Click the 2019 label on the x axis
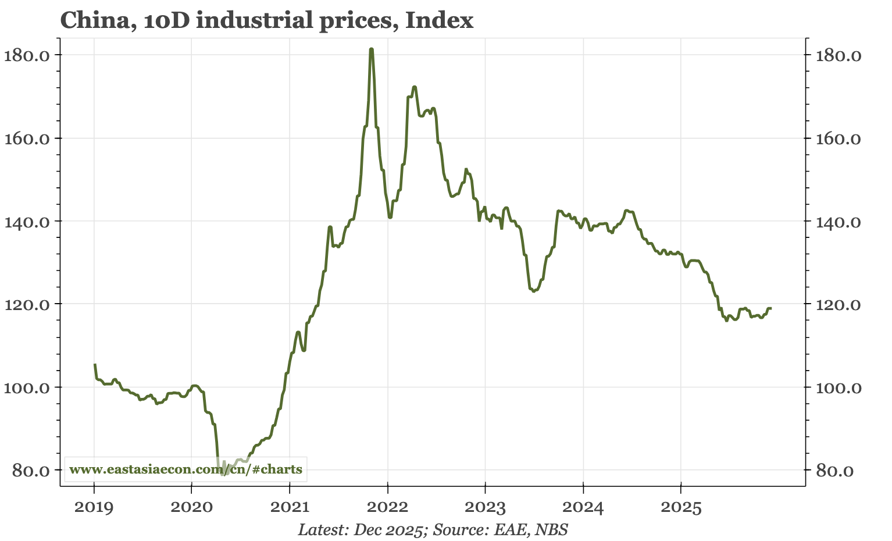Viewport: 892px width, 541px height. (x=94, y=507)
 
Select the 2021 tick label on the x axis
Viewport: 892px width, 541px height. (x=290, y=507)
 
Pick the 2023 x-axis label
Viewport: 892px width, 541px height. (x=485, y=507)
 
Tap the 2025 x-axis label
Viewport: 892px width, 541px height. (x=680, y=507)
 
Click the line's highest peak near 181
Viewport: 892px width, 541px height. (x=371, y=49)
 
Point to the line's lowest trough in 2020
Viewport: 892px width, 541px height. (x=224, y=475)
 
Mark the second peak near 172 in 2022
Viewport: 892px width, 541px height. (x=415, y=87)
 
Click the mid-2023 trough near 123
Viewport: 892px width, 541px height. (x=533, y=291)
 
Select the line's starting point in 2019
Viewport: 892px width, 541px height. (x=95, y=365)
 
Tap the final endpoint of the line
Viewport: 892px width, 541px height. (x=770, y=308)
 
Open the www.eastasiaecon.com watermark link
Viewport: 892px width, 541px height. (x=185, y=469)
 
